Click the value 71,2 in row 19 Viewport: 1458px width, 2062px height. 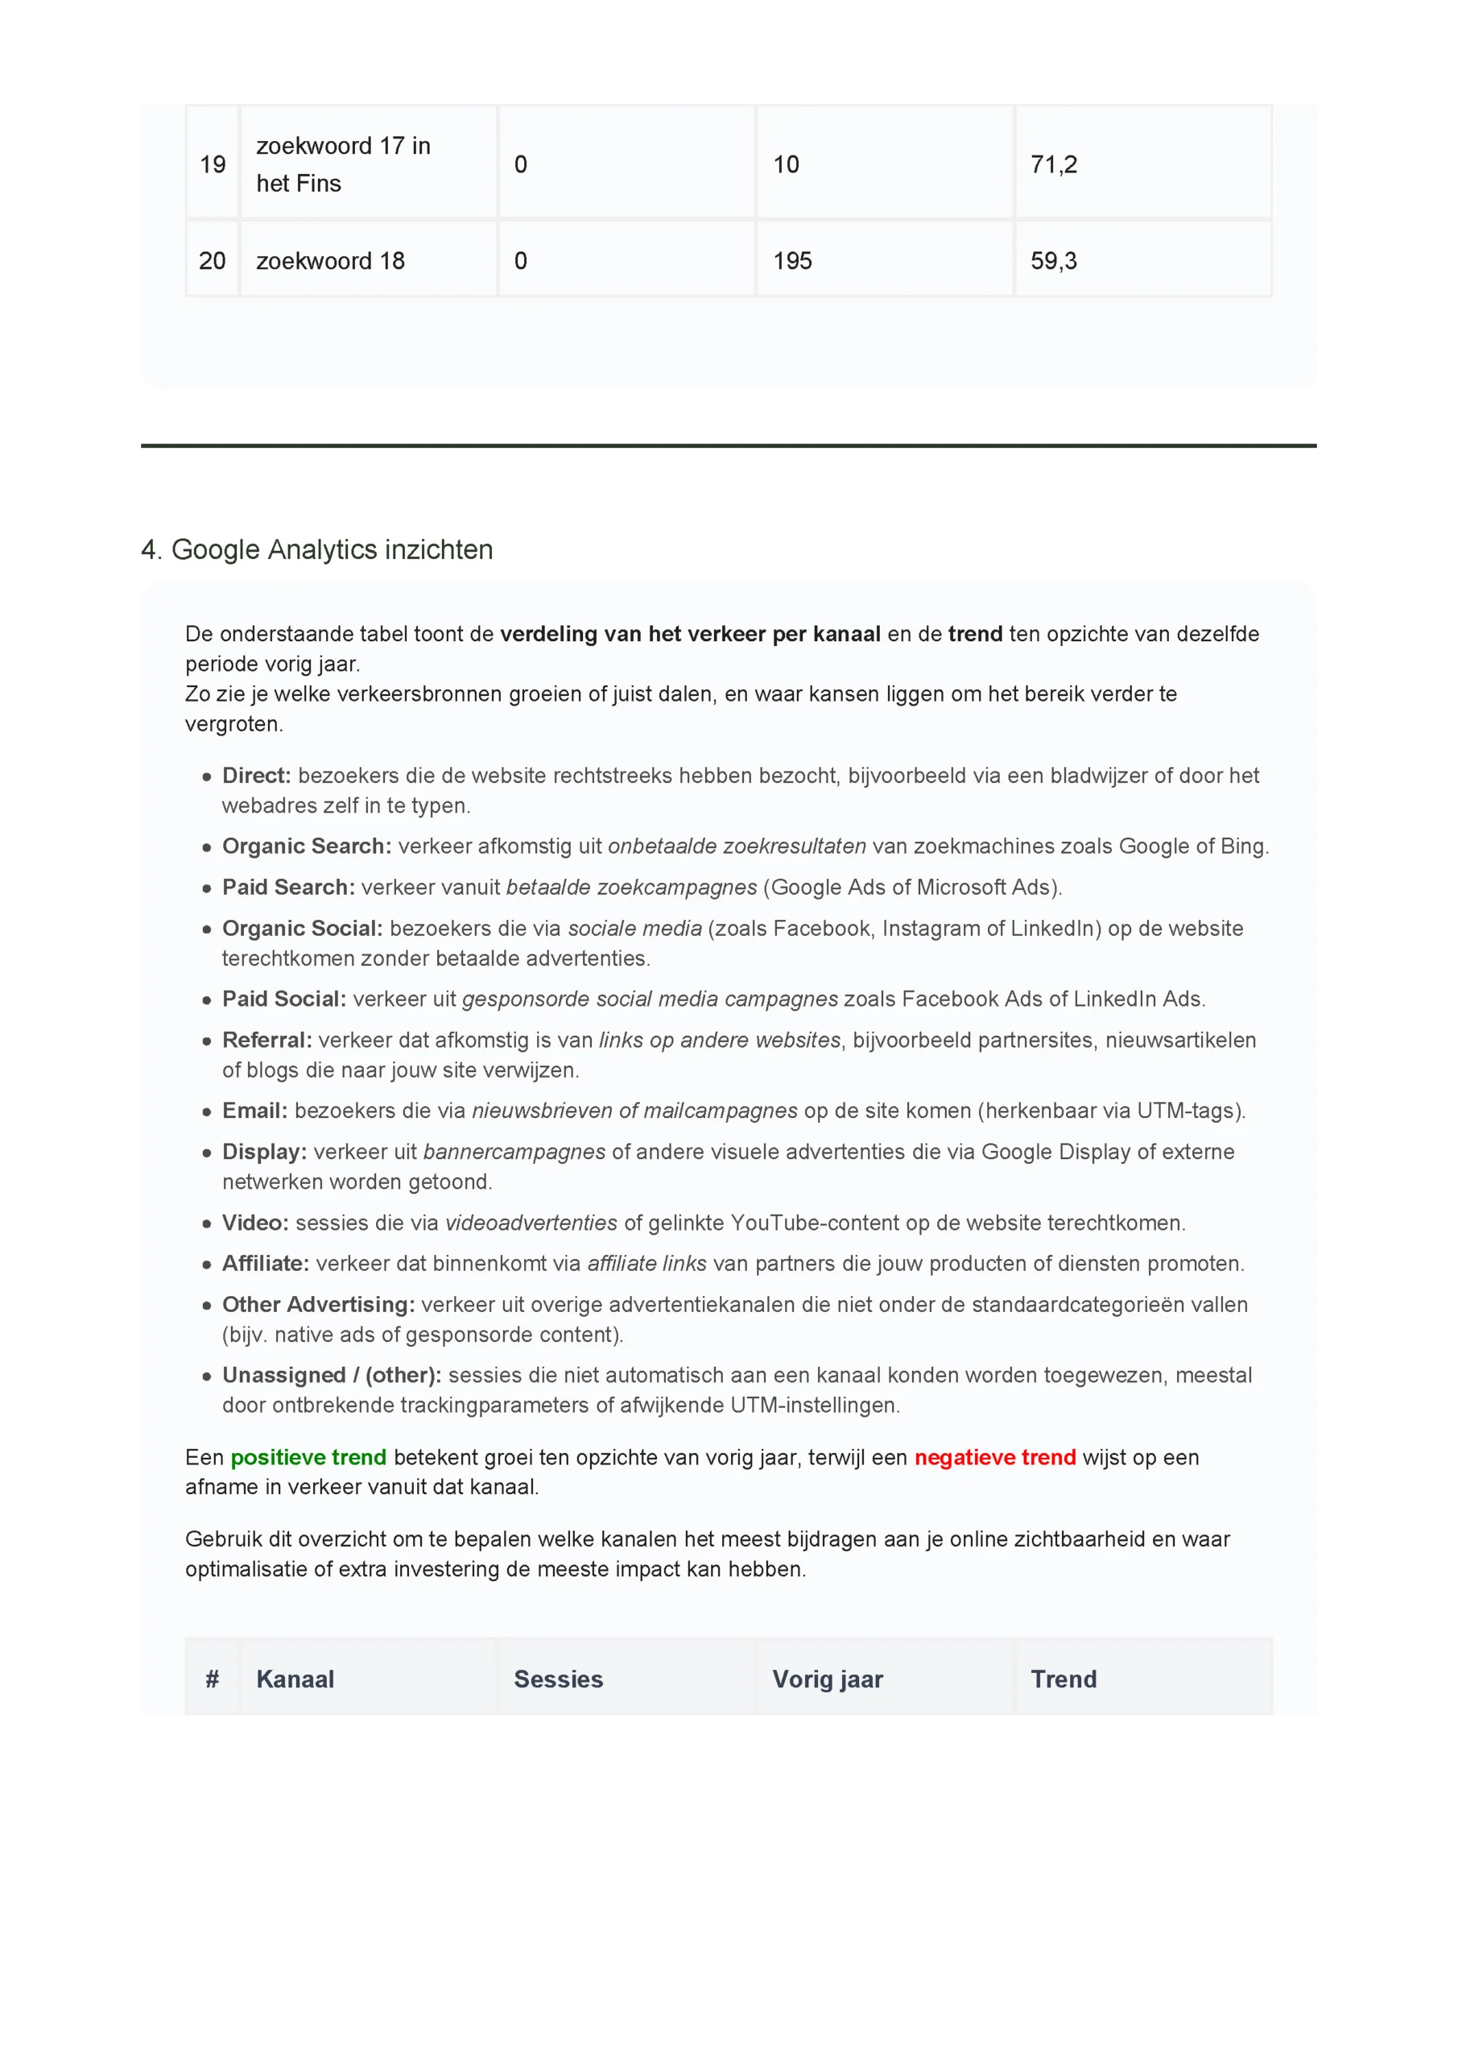(x=1053, y=164)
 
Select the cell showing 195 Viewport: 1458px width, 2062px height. (x=792, y=260)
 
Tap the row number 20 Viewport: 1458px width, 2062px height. (x=212, y=260)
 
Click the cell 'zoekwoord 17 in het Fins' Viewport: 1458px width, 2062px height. (x=343, y=164)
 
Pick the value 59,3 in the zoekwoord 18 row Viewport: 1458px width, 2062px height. (x=1053, y=260)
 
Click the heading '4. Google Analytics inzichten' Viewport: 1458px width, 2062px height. (x=317, y=549)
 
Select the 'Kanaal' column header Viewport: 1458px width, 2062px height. (x=295, y=1679)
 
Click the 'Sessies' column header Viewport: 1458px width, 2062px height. (x=558, y=1679)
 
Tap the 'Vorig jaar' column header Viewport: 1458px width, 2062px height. (x=827, y=1679)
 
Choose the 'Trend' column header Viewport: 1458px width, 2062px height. (x=1063, y=1679)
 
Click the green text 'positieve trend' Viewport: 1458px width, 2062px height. (x=308, y=1457)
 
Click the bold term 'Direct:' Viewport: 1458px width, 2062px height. (x=256, y=775)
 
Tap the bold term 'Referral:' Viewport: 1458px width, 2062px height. (x=266, y=1039)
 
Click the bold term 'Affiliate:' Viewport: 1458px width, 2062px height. (x=265, y=1263)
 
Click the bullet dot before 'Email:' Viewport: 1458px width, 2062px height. (x=206, y=1112)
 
